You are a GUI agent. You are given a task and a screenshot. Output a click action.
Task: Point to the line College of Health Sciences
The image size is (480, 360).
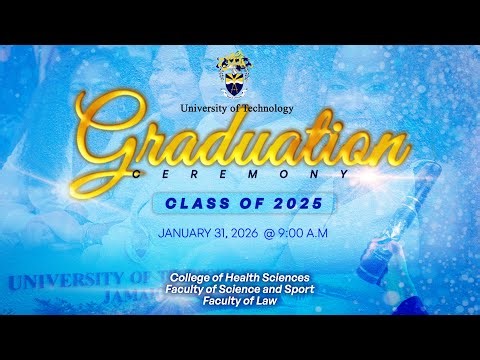point(240,276)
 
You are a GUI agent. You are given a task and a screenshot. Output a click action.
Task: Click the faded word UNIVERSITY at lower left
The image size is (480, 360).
point(60,278)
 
